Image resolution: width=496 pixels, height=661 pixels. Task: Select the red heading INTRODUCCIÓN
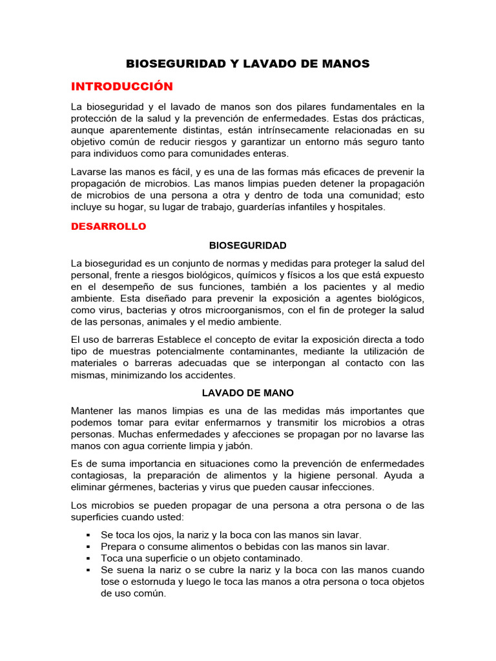(122, 86)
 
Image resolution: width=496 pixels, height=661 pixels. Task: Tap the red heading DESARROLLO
(108, 227)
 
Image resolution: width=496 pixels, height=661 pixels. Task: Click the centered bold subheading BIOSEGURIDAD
(247, 246)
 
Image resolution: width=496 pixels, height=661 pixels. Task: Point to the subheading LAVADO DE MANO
(247, 392)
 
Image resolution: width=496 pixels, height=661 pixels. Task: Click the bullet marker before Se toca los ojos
(87, 535)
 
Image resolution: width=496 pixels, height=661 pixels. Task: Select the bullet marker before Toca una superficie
(87, 558)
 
